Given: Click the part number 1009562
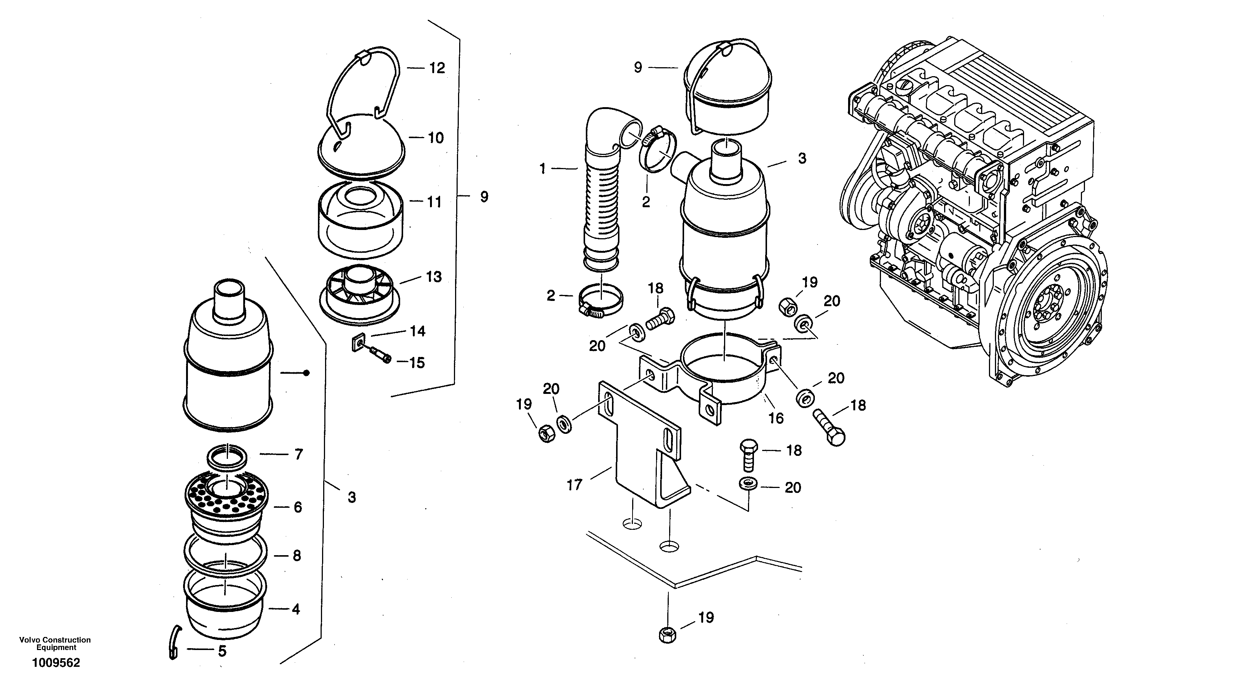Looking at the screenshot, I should coord(56,663).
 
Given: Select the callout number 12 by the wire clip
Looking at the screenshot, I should coord(436,68).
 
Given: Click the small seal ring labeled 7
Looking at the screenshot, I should coord(227,457).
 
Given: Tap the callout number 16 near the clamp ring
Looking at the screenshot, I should coord(776,417).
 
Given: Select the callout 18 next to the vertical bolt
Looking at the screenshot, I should coord(794,451).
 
